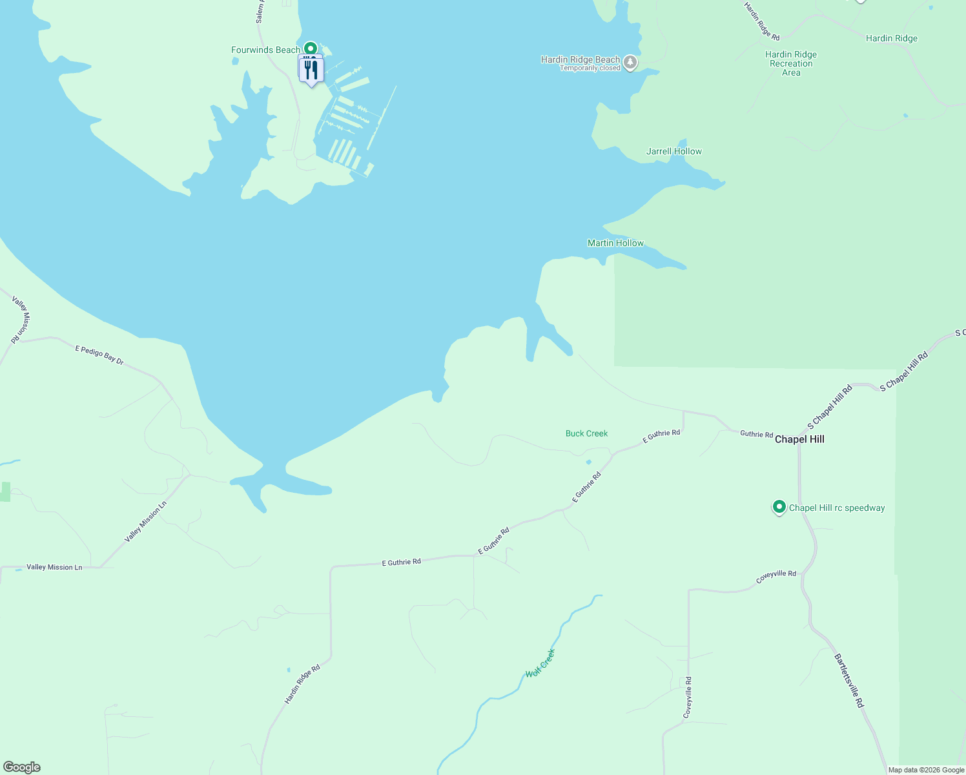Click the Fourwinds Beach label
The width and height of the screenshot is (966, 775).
coord(265,50)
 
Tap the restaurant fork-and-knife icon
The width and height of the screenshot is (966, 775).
coord(312,69)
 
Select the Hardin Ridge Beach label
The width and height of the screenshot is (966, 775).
coord(580,59)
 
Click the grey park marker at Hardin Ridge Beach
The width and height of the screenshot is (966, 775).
coord(631,63)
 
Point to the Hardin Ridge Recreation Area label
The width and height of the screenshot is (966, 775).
coord(791,63)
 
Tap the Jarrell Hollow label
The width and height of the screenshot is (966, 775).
coord(673,151)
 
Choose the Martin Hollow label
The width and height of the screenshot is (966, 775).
coord(615,243)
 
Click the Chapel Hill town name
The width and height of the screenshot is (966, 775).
coord(799,439)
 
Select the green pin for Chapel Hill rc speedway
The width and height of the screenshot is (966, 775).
coord(779,507)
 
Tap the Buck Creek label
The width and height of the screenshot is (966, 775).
coord(586,433)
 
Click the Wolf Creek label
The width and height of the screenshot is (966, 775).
coord(540,663)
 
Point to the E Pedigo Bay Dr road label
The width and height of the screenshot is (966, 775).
coord(99,355)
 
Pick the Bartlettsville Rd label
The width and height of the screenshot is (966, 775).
coord(849,681)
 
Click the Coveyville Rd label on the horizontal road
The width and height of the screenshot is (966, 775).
coord(776,577)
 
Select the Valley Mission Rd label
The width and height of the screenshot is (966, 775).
coord(21,319)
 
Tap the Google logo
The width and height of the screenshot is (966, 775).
coord(21,767)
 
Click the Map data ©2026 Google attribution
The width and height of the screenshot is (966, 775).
coord(926,770)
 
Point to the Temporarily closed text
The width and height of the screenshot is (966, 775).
coord(590,68)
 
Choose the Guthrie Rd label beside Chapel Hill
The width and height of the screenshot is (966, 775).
coord(756,434)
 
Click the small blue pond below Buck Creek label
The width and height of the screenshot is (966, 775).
coord(588,462)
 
